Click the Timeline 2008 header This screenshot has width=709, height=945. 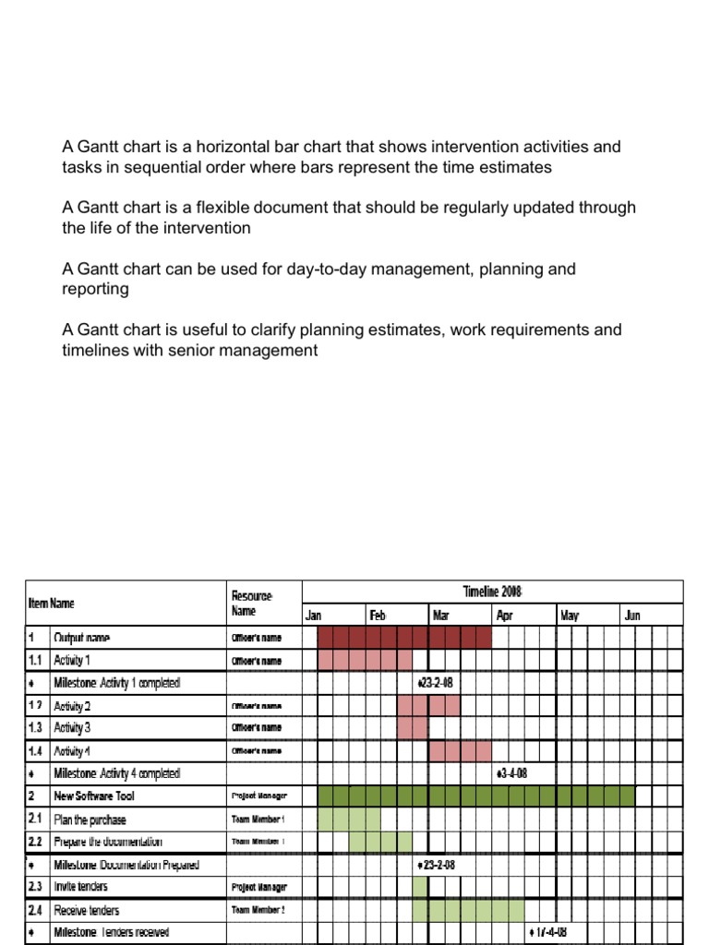(493, 592)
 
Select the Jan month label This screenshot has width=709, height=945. (314, 616)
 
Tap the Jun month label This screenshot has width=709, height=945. (631, 616)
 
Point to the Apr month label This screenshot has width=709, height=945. (504, 616)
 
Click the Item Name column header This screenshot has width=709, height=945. (51, 604)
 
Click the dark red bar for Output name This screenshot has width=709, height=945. (403, 638)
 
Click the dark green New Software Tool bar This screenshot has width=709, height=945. (475, 795)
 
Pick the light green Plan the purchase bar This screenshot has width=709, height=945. (349, 819)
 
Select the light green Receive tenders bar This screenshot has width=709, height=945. (467, 910)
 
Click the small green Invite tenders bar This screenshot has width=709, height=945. (420, 887)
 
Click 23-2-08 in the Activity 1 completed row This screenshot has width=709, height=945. (436, 683)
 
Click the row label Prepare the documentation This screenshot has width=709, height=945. (108, 842)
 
